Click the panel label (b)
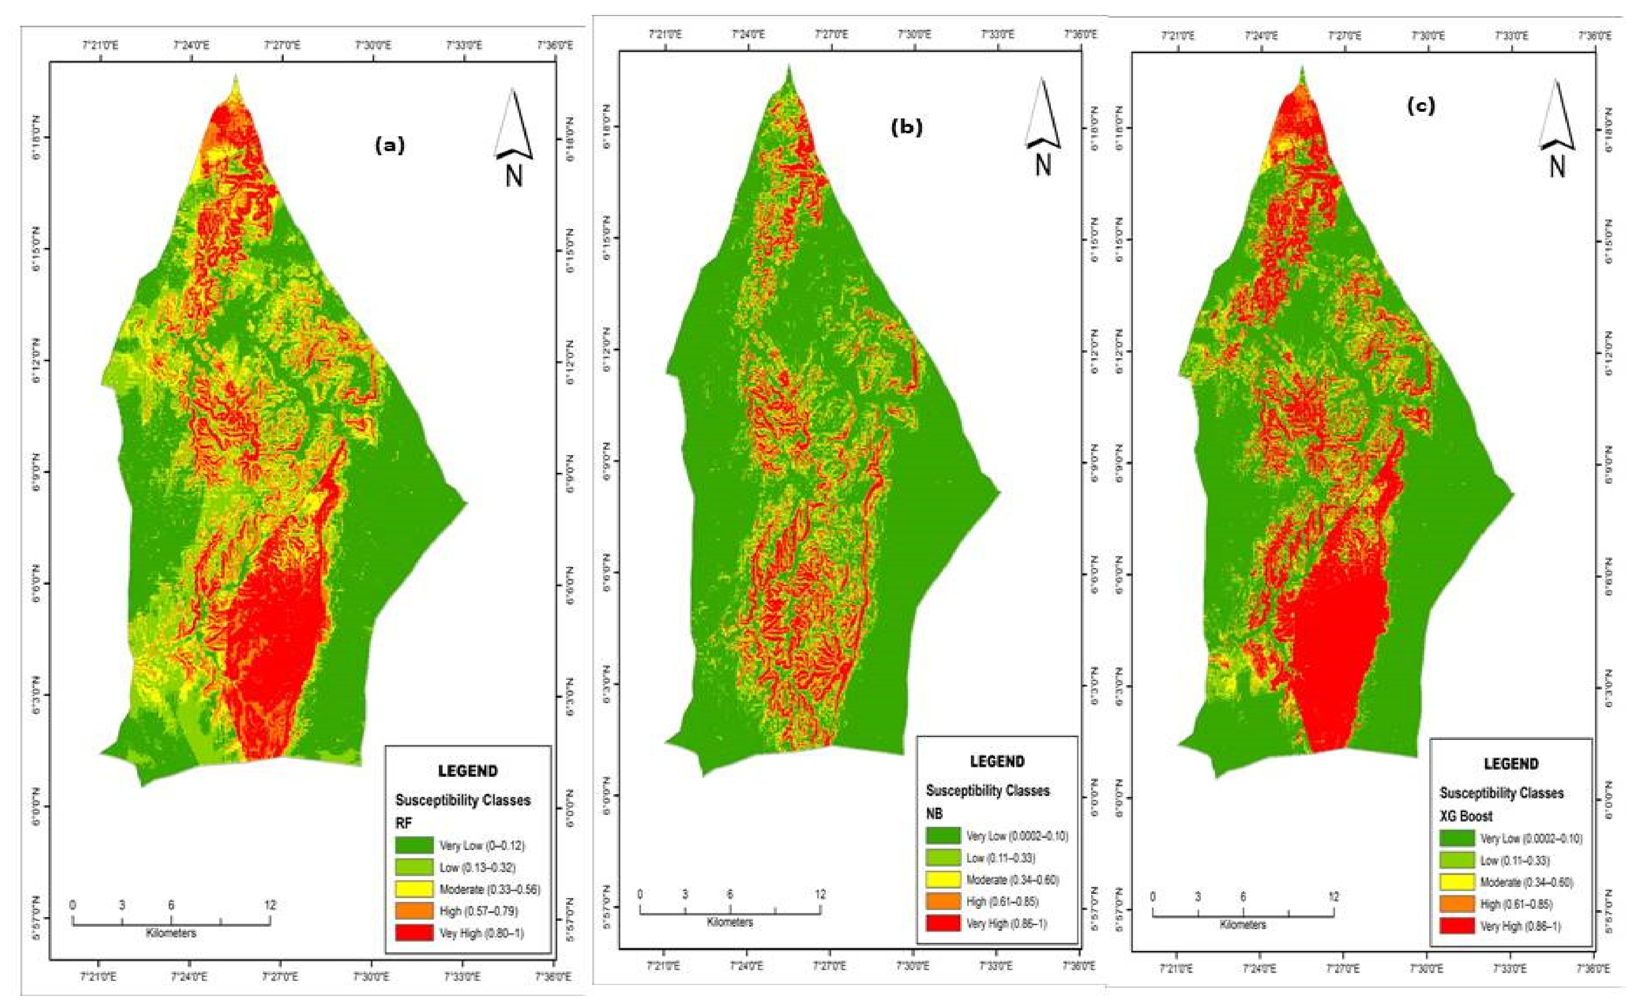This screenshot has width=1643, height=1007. point(907,128)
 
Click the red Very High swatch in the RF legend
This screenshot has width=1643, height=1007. point(414,932)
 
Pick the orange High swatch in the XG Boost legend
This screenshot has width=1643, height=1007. point(1457,904)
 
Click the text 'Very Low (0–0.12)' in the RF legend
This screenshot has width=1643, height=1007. point(482,846)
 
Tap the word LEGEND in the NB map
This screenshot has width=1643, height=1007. point(997,761)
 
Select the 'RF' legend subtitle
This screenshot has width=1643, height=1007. point(404,823)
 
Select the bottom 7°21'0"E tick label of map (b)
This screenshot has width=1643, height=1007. point(663,965)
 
